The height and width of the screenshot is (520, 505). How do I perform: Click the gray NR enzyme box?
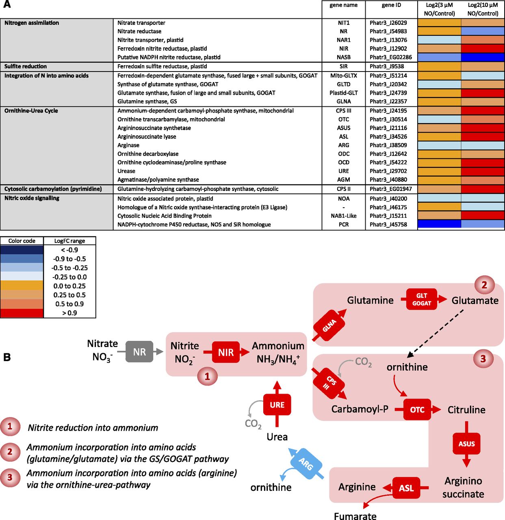click(x=139, y=352)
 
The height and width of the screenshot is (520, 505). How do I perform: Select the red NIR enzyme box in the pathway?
click(x=226, y=352)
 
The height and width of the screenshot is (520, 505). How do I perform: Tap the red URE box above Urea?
click(x=277, y=405)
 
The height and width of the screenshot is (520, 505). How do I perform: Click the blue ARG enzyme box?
click(x=306, y=464)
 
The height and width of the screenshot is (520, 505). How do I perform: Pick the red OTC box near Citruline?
click(x=417, y=409)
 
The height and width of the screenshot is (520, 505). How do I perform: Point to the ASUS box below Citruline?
click(x=466, y=444)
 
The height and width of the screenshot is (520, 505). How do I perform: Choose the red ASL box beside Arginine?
click(x=406, y=488)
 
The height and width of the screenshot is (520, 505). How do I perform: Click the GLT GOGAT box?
click(x=421, y=299)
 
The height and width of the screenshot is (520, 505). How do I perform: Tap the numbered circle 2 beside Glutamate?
click(x=484, y=285)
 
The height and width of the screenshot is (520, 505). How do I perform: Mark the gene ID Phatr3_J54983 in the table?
click(x=388, y=31)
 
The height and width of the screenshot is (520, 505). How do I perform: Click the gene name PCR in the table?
click(x=344, y=224)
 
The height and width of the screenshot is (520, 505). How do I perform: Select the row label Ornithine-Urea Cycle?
click(x=31, y=110)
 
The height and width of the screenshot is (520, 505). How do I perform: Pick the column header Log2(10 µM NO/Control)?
click(x=483, y=9)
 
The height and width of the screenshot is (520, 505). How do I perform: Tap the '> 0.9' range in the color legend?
click(x=69, y=313)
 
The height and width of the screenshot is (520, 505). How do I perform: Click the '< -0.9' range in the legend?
click(x=69, y=250)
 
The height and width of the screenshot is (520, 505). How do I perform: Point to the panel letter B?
click(x=7, y=357)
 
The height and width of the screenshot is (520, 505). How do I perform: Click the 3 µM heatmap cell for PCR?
click(x=439, y=224)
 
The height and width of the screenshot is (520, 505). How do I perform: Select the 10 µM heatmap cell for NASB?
click(x=483, y=57)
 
